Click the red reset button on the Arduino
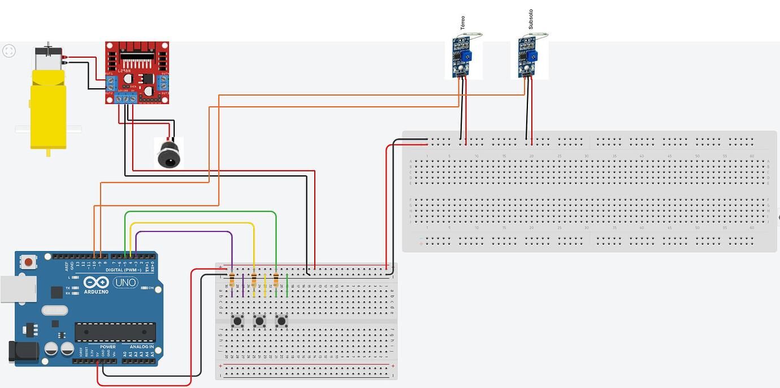click(27, 262)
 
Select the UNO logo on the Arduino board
click(125, 282)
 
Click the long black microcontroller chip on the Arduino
click(115, 332)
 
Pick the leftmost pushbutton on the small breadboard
click(237, 322)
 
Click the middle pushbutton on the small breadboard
click(259, 322)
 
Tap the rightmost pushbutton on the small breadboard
click(281, 322)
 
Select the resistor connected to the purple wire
click(232, 278)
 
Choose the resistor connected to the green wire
click(276, 278)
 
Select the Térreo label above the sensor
click(462, 23)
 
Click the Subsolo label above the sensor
click(530, 19)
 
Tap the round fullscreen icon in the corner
click(9, 51)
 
